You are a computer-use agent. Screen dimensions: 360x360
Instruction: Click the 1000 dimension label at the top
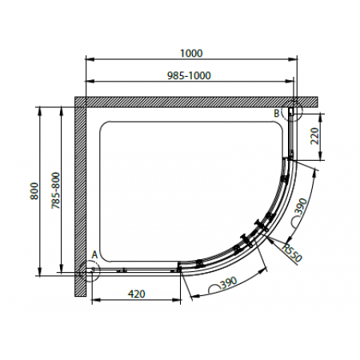[191, 54]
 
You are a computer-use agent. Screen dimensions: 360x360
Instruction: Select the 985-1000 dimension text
[189, 76]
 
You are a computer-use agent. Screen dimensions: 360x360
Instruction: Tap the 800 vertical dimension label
[34, 191]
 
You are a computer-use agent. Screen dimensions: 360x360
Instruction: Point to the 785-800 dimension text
[56, 190]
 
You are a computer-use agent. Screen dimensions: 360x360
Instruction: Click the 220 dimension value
[314, 136]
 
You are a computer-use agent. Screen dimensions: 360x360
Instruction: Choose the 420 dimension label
[137, 294]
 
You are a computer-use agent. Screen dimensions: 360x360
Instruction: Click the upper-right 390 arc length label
[301, 206]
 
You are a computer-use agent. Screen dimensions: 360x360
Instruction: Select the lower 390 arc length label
[229, 283]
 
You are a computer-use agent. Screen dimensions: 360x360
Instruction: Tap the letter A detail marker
[94, 255]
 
